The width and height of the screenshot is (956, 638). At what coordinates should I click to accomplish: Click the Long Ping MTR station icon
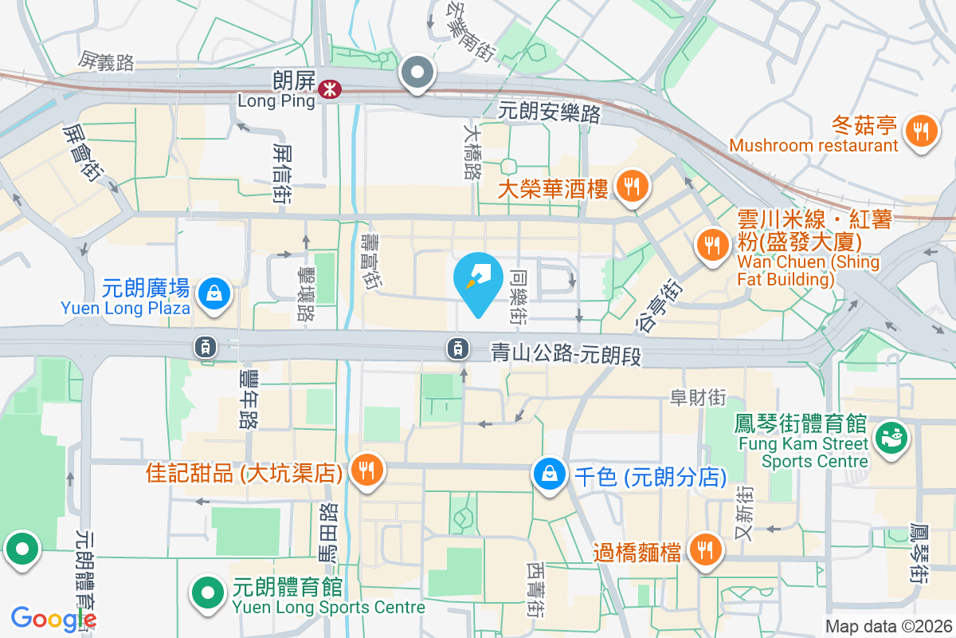327,90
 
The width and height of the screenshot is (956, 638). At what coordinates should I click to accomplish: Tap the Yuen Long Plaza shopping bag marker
214,293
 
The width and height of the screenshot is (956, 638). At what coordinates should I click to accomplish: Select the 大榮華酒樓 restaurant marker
633,187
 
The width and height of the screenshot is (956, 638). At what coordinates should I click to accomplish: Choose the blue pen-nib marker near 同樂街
477,282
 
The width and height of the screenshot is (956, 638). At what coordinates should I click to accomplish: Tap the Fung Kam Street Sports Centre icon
891,437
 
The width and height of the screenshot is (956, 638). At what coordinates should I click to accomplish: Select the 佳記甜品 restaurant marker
367,469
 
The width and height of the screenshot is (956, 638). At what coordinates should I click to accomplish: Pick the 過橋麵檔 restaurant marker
704,549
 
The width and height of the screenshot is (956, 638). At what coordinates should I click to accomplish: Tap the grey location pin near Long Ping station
417,73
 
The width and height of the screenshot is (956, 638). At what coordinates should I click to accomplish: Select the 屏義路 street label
106,61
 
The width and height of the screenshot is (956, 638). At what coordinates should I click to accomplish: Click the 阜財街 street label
698,396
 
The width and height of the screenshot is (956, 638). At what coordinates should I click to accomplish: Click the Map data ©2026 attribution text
888,627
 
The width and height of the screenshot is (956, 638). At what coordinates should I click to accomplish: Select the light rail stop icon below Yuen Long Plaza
206,346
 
